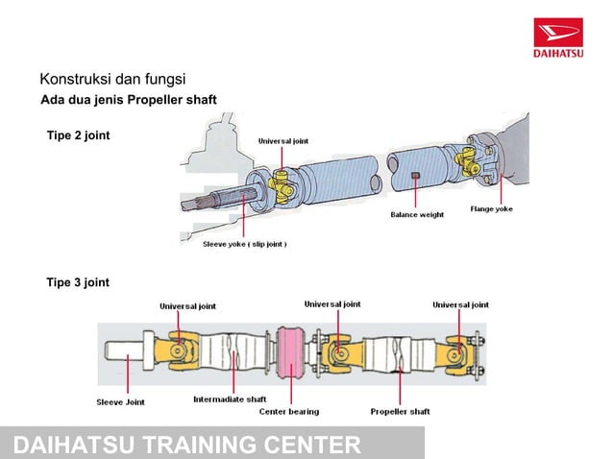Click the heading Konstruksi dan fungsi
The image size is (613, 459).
point(111,79)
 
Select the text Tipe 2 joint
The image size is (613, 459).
point(79,135)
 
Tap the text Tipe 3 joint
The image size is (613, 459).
point(79,282)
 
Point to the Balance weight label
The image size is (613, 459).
point(416,215)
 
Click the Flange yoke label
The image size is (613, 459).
point(490,209)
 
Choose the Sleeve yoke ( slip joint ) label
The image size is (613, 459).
point(244,244)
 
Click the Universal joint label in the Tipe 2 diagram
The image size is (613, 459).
point(283,141)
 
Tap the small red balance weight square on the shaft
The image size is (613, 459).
point(415,176)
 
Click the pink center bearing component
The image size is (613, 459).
point(289,354)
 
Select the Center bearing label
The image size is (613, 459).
point(289,411)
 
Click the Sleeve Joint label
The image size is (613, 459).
point(121,402)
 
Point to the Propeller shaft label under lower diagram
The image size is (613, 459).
point(400,411)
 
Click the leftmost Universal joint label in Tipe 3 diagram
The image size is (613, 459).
point(187,306)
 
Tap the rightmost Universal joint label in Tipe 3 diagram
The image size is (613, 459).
point(460,304)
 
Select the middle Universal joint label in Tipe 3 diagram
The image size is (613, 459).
point(332,303)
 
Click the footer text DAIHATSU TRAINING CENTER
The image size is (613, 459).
point(187,445)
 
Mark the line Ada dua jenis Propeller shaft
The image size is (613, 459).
point(128,101)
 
